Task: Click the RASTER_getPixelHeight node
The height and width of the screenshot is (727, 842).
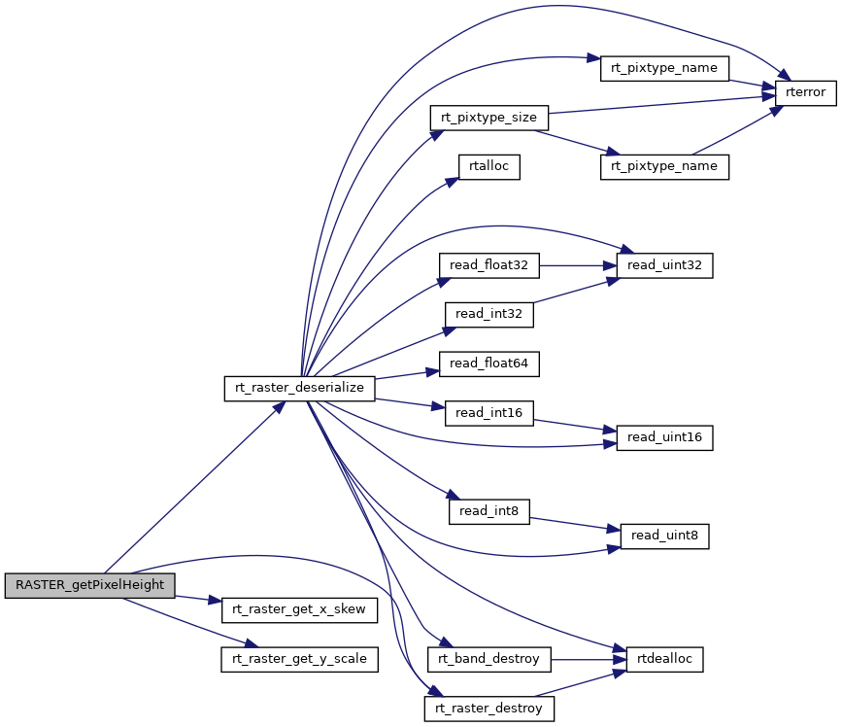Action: point(90,585)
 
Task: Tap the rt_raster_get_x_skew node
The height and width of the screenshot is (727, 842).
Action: point(299,609)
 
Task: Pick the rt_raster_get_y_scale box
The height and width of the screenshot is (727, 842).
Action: point(299,659)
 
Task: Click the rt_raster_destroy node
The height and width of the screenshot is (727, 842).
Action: point(488,709)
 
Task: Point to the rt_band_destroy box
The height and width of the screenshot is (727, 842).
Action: point(488,659)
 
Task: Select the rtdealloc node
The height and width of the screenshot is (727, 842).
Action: point(664,659)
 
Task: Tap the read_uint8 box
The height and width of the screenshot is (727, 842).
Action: point(664,535)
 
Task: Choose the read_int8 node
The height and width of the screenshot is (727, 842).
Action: point(488,510)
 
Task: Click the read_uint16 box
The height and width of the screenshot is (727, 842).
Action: point(664,437)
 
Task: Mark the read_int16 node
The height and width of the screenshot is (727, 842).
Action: point(488,413)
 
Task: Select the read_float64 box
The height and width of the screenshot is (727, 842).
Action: point(488,364)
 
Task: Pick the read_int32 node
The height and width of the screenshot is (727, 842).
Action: point(488,314)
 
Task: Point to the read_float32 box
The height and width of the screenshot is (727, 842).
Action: point(488,264)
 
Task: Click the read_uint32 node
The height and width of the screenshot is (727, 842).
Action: point(664,264)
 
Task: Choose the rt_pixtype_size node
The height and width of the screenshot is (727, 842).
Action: point(488,118)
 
